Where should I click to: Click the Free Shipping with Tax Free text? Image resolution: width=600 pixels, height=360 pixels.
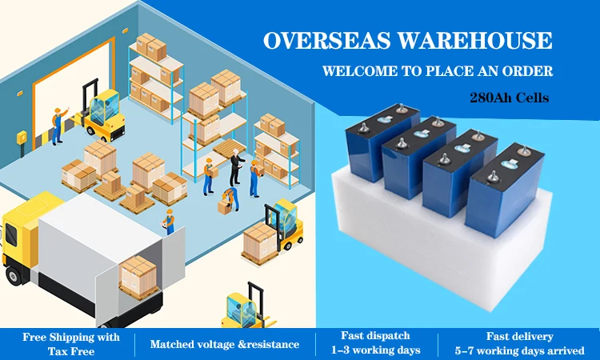click(x=70, y=344)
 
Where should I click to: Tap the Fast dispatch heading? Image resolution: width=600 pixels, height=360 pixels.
click(x=375, y=337)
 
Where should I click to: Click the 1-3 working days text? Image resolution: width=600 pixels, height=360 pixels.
click(x=375, y=350)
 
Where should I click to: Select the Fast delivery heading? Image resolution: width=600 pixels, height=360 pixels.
click(x=519, y=337)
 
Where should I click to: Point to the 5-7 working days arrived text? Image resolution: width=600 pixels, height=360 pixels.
click(x=519, y=350)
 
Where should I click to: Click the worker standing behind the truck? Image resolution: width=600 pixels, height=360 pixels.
click(x=169, y=221)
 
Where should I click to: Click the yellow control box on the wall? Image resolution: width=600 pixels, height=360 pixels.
click(x=21, y=138)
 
